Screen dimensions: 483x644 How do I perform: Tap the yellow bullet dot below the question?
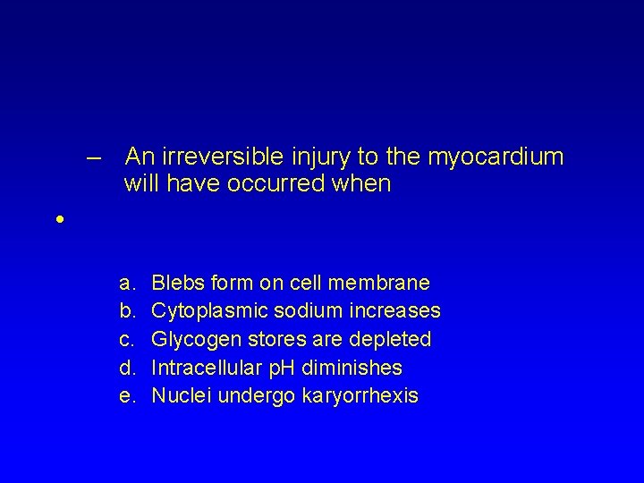tap(58, 219)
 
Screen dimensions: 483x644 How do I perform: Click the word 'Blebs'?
tap(176, 284)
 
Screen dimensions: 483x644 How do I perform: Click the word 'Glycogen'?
tap(193, 340)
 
